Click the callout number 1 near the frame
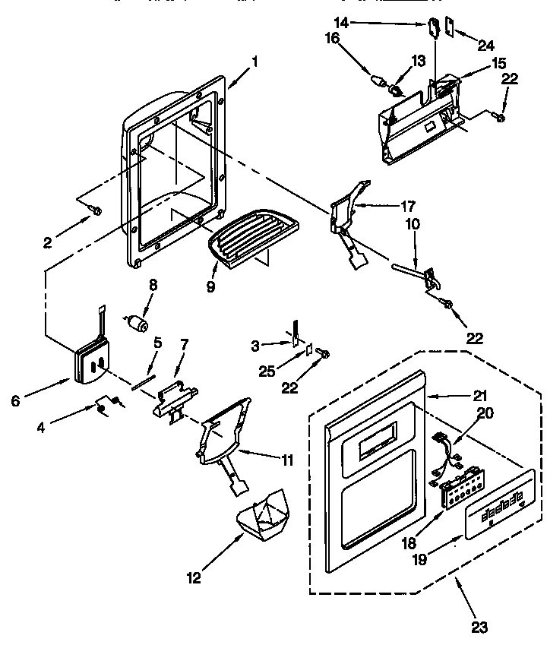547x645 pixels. tap(255, 63)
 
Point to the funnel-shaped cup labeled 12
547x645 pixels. tap(261, 520)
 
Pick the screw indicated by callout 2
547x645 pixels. tap(95, 210)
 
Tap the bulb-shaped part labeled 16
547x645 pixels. tap(378, 80)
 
